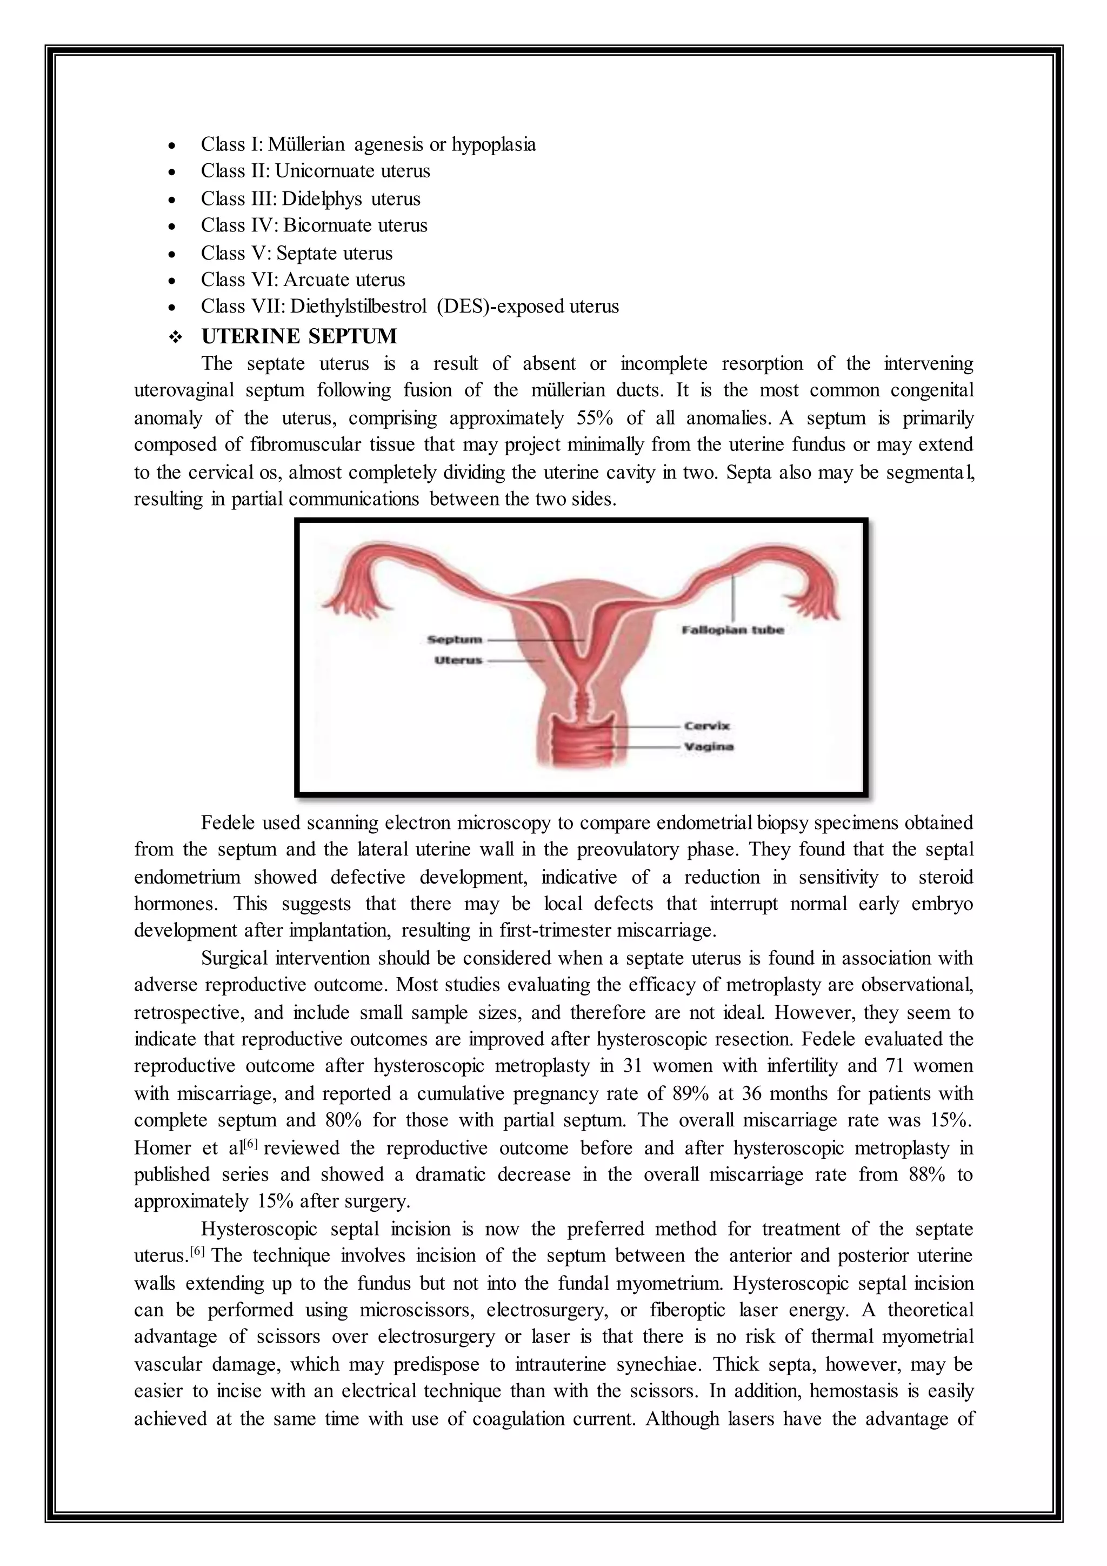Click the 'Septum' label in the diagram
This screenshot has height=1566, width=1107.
coord(454,639)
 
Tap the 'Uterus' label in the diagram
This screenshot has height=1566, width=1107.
coord(458,660)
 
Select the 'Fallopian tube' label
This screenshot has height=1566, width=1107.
coord(733,629)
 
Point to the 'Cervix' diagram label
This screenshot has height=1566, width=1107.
coord(707,726)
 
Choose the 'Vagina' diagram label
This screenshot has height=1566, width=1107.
coord(709,747)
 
